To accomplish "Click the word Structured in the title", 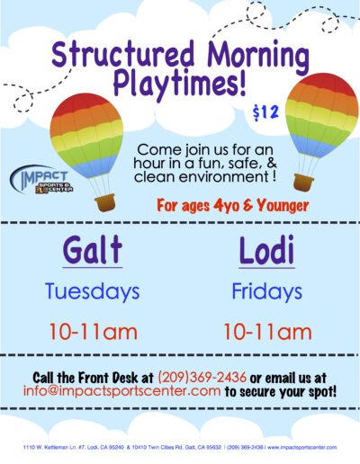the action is [123, 56].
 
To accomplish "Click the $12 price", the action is [265, 113].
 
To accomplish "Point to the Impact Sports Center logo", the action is [41, 180].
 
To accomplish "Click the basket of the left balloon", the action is [104, 203].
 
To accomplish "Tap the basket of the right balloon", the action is [303, 183].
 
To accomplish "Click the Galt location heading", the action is [93, 250].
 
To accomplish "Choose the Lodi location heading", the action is [266, 250].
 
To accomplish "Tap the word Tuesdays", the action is [93, 291].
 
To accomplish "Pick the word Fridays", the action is [266, 292].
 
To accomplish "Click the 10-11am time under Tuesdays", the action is [93, 332].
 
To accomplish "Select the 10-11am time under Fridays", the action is [267, 332].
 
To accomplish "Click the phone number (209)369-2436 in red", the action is [202, 378].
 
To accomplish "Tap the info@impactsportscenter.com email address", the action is [122, 391].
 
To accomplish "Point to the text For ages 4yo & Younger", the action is [233, 206].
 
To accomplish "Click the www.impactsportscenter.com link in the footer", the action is [301, 448].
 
